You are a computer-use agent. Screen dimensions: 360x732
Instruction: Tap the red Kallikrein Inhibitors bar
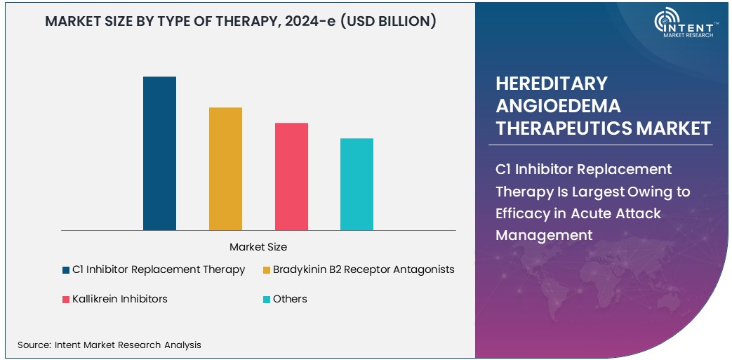[291, 176]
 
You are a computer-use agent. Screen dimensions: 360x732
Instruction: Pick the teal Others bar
[357, 184]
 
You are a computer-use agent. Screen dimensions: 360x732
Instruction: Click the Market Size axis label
[258, 247]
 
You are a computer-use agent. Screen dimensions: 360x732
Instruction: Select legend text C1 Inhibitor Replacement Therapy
[159, 269]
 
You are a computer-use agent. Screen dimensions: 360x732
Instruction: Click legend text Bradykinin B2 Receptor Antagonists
[364, 269]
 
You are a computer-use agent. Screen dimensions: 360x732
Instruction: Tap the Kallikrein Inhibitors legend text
[120, 299]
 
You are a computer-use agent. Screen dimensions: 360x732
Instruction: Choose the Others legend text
[290, 299]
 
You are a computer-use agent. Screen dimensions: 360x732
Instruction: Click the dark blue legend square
[66, 270]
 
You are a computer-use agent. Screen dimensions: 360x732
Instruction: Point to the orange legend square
[267, 270]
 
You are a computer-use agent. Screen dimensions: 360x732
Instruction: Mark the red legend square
[66, 300]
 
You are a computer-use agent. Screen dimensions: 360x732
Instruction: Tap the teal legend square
[267, 300]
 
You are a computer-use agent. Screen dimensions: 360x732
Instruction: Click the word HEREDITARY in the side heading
[551, 84]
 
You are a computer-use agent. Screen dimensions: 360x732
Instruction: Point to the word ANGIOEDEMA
[558, 106]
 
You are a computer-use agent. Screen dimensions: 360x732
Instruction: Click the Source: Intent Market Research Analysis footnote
[109, 345]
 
